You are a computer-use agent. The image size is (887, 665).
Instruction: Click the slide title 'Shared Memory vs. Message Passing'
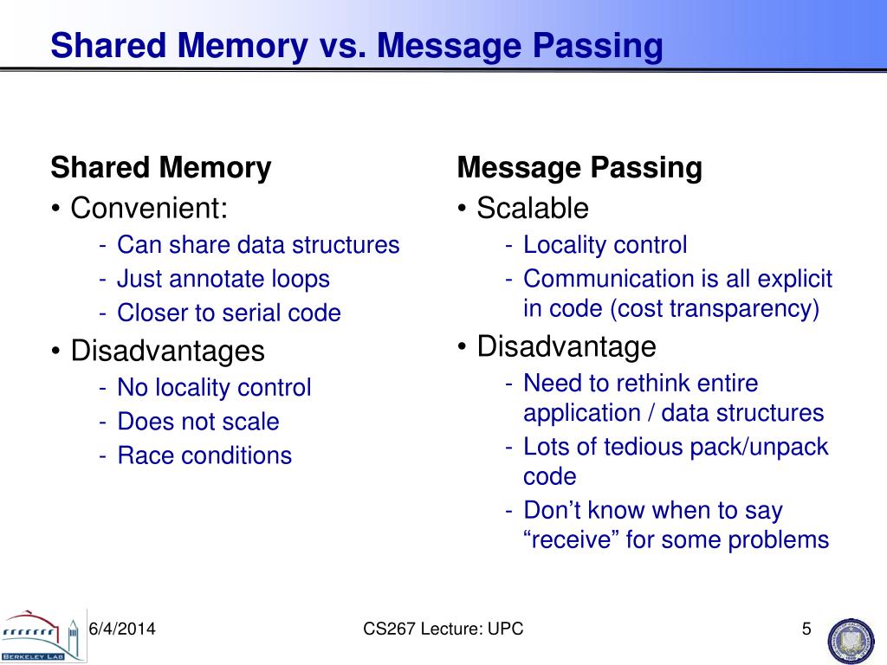tap(357, 46)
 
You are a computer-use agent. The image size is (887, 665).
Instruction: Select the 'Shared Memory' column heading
tap(161, 167)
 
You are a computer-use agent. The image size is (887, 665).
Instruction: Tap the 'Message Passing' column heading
tap(579, 167)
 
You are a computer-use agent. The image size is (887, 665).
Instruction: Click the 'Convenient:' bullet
tap(149, 208)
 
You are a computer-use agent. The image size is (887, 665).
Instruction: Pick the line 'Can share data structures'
tap(258, 245)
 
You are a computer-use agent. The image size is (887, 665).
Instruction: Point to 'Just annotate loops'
tap(223, 279)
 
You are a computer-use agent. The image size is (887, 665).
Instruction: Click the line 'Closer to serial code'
tap(229, 313)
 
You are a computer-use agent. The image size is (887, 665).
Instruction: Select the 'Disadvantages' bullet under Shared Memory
tap(167, 351)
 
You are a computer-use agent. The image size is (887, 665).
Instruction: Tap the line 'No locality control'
tap(214, 388)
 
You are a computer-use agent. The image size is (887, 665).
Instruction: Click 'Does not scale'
tap(198, 422)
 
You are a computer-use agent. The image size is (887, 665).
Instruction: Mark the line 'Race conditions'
tap(204, 455)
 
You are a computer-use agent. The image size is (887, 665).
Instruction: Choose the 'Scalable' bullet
tap(532, 208)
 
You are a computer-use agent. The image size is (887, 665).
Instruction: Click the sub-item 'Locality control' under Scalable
tap(605, 245)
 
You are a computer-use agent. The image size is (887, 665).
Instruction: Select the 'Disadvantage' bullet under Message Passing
tap(567, 346)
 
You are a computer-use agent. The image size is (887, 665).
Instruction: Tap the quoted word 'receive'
tap(572, 540)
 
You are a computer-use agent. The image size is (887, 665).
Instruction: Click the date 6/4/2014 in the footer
tap(122, 629)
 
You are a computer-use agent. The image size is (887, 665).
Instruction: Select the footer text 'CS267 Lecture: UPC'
tap(443, 629)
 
